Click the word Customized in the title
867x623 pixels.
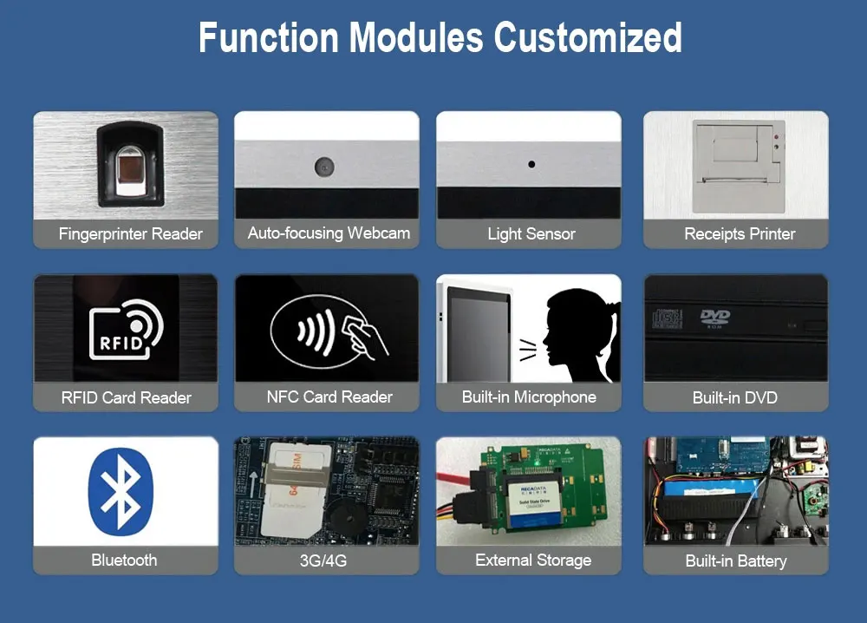(588, 37)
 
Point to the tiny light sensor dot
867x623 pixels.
(531, 164)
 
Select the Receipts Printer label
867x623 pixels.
(739, 233)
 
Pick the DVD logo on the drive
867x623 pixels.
(714, 317)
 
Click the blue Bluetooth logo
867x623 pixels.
(121, 491)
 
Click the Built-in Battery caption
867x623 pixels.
(735, 561)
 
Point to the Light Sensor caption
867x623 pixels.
(531, 233)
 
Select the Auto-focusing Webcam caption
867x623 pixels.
(328, 233)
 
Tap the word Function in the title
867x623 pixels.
(267, 37)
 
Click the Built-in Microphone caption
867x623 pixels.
(529, 397)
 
